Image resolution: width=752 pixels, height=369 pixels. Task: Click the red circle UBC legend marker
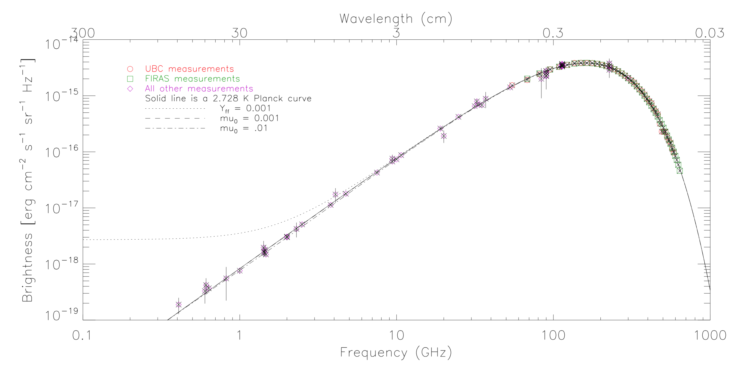pos(130,69)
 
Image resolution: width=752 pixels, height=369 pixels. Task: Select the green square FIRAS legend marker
pos(130,79)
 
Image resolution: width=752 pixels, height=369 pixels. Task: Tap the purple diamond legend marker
pos(130,89)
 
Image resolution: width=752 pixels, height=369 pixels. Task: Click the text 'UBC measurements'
pos(189,69)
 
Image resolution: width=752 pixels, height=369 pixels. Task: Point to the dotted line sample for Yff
pos(175,109)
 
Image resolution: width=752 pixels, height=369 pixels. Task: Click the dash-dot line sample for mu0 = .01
pos(175,128)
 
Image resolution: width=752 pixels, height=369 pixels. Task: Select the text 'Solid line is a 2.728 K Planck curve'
pos(228,98)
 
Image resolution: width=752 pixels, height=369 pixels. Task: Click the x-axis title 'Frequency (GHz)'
pos(396,353)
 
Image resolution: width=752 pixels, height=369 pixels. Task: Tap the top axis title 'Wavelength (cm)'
pos(396,19)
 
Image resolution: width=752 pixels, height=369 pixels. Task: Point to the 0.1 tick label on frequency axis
pos(82,336)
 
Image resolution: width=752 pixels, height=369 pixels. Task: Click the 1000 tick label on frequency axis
pos(710,336)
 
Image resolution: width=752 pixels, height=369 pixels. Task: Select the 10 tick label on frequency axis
pos(396,336)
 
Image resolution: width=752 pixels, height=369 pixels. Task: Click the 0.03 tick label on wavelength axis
pos(709,33)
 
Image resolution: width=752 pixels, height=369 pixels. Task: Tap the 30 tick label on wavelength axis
pos(239,33)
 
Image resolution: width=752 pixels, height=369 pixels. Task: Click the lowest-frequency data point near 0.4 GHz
pos(179,304)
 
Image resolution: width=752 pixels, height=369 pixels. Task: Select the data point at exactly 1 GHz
pos(240,271)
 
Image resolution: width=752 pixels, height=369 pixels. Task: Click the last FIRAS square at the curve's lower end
pos(680,171)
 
